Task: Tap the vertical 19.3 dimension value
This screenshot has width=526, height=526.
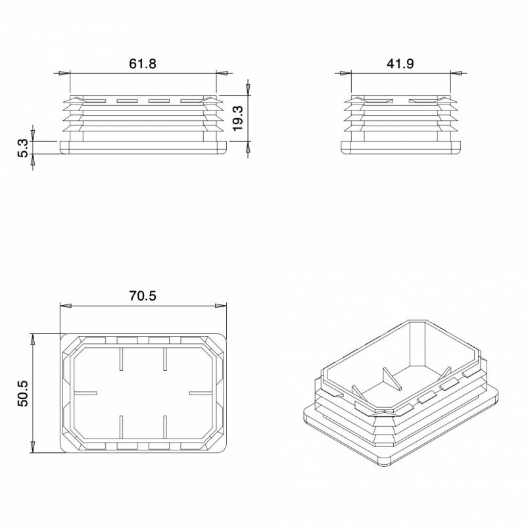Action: (238, 117)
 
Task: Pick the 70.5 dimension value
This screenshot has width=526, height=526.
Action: (143, 296)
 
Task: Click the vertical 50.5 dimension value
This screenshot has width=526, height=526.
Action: (22, 393)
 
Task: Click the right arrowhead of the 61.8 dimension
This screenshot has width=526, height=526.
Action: (222, 74)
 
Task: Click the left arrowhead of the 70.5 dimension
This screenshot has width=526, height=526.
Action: (65, 306)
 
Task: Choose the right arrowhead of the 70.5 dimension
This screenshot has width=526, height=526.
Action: (221, 306)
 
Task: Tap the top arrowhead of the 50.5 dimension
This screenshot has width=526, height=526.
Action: (32, 339)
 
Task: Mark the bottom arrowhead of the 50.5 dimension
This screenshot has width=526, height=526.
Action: (32, 447)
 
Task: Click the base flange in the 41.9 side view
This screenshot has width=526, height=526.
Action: (400, 147)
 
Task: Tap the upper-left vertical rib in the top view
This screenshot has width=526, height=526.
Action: (121, 360)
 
